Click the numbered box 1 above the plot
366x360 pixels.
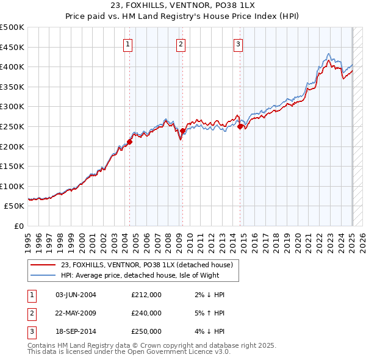129,43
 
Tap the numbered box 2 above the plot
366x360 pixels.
182,43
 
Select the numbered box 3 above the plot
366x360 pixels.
238,43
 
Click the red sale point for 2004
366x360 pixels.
129,142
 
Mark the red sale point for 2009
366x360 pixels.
182,131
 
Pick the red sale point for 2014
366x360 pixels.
240,126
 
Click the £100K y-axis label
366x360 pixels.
13,186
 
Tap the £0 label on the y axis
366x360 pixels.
18,226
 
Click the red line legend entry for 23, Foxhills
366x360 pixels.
147,265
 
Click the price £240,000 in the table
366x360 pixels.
146,314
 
